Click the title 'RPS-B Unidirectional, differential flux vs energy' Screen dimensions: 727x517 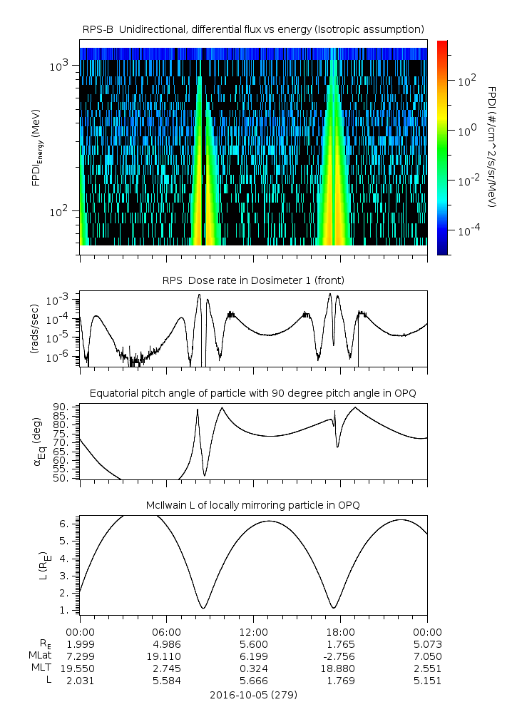(x=253, y=29)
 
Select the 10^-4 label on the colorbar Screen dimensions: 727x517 (x=469, y=231)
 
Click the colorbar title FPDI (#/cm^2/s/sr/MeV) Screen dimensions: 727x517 (x=492, y=147)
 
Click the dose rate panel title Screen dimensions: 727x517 (x=253, y=280)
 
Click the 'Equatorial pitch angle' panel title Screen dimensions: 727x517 (x=253, y=393)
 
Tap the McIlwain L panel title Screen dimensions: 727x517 (x=253, y=505)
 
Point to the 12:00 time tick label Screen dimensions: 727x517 (x=253, y=631)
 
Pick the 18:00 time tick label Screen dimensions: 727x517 (x=340, y=631)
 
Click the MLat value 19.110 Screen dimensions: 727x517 (x=166, y=656)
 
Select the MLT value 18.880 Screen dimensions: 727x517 (x=340, y=668)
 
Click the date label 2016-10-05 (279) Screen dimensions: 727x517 (x=253, y=694)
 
